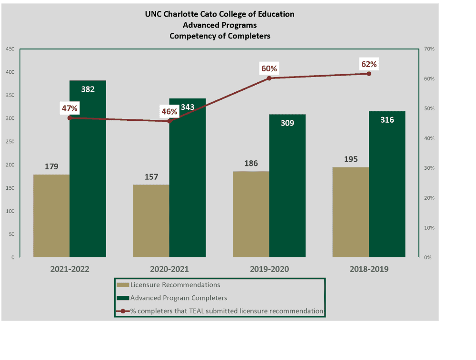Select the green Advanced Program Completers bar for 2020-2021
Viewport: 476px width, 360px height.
[x=188, y=190]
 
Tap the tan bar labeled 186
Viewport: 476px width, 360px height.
[x=251, y=214]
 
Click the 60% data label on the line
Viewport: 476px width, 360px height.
[x=269, y=68]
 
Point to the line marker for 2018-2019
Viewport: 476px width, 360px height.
[x=369, y=74]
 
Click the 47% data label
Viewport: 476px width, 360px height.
[x=69, y=108]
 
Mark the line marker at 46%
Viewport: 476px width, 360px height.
[x=169, y=121]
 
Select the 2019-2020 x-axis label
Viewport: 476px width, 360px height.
[x=269, y=269]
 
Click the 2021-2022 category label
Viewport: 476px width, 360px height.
[x=70, y=269]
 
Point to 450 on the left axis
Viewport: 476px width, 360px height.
[x=10, y=49]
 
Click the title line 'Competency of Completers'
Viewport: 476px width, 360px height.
[x=219, y=36]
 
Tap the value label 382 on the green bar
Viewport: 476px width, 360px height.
[x=88, y=89]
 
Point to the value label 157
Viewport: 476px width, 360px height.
[x=151, y=177]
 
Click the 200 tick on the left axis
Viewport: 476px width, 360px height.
[x=10, y=165]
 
